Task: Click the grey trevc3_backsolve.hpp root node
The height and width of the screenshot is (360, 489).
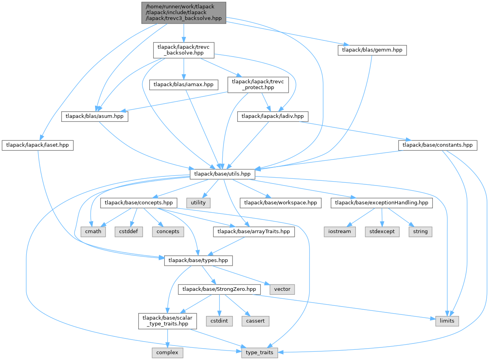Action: point(183,12)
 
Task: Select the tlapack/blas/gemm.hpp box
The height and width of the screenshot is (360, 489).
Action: point(372,50)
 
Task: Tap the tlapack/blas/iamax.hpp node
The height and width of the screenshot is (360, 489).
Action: point(183,84)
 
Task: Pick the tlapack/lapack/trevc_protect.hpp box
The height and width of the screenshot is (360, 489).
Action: point(258,84)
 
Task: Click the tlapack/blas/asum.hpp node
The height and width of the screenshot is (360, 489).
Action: point(95,117)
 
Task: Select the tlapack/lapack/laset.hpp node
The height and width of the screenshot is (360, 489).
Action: point(37,145)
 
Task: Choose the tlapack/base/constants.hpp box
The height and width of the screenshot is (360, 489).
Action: point(438,145)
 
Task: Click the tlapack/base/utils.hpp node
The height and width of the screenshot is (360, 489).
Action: point(222,174)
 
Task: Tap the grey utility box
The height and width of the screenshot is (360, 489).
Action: point(198,203)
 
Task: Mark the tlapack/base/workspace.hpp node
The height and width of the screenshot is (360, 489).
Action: point(281,203)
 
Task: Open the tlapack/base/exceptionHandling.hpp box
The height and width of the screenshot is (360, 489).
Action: point(382,203)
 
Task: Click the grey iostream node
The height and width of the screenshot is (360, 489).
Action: point(340,231)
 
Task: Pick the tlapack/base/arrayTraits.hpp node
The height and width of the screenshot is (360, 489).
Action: point(253,231)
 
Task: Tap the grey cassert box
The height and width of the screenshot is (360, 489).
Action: point(255,321)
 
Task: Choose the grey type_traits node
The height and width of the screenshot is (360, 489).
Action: point(260,353)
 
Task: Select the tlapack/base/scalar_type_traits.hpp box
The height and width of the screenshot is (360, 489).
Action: point(168,321)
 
